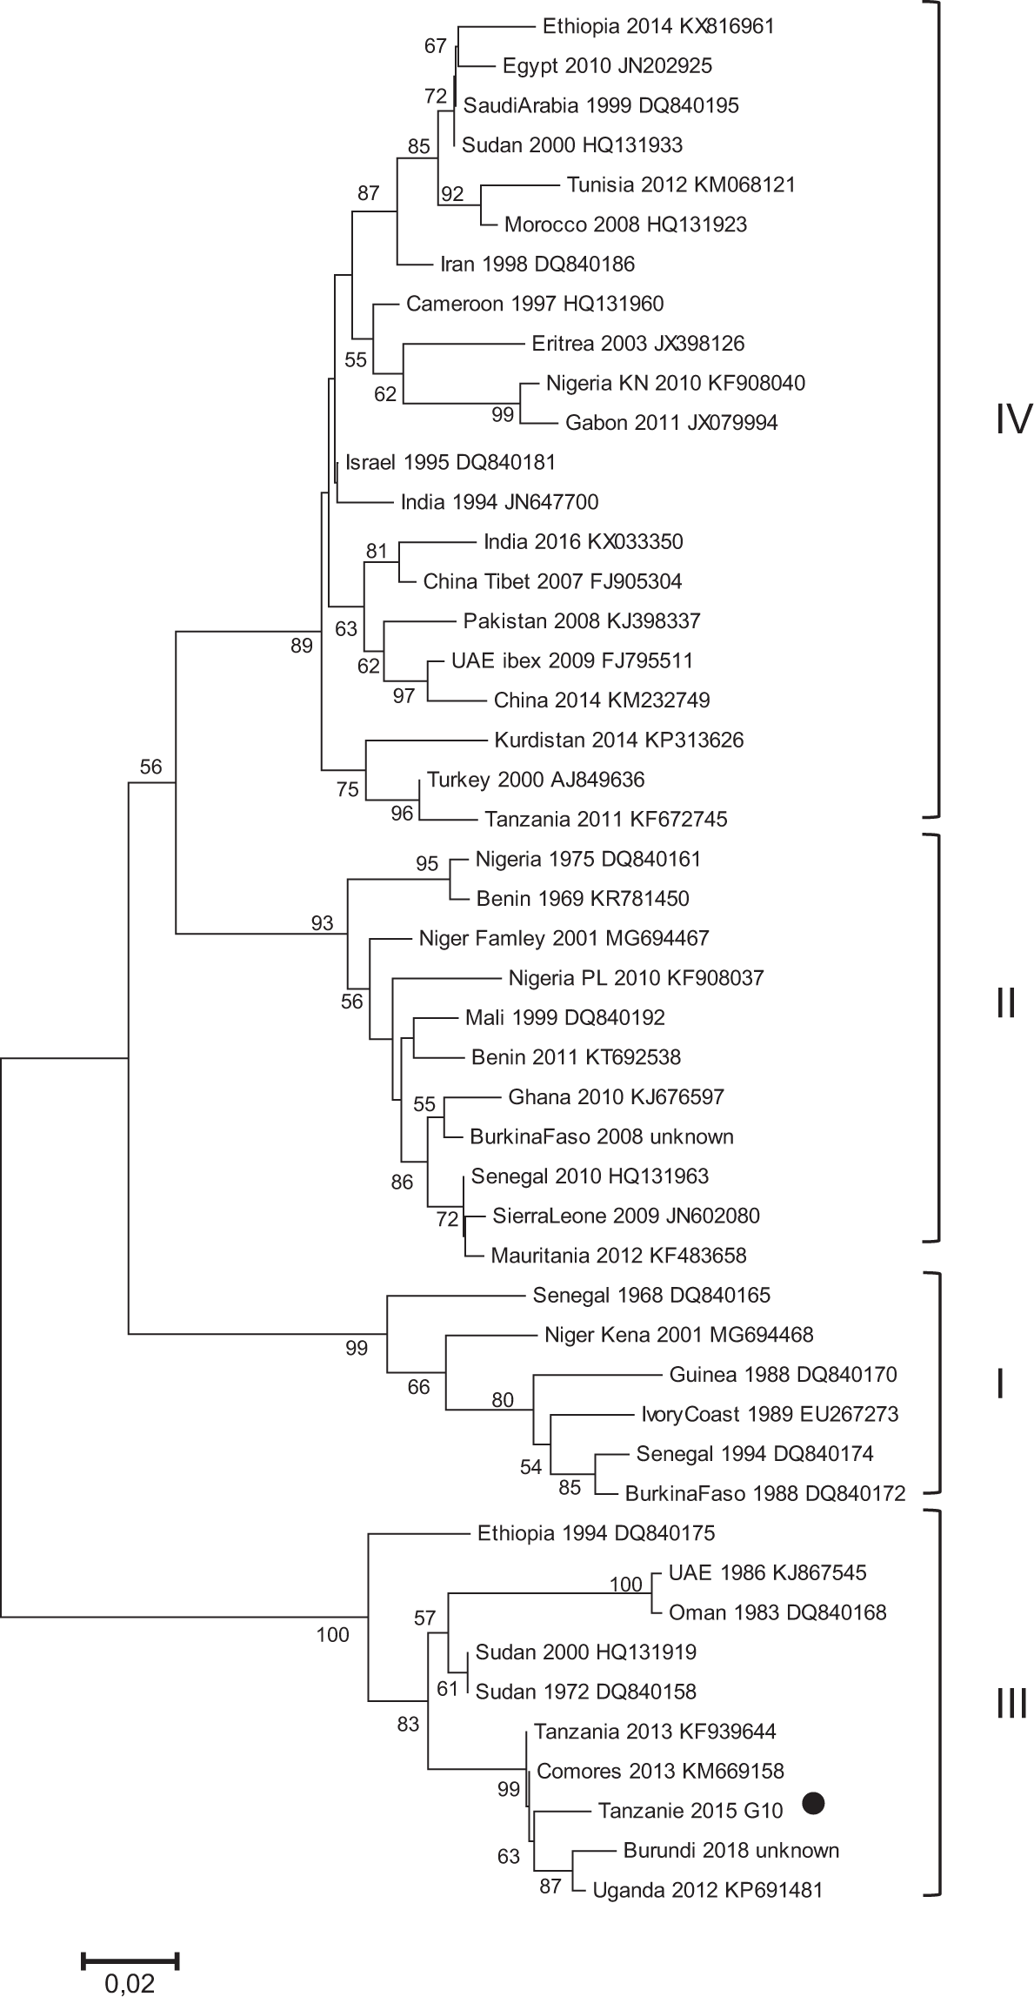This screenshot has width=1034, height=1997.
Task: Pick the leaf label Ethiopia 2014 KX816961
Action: [x=657, y=26]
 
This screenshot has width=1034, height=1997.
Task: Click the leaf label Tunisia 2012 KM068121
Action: [x=680, y=184]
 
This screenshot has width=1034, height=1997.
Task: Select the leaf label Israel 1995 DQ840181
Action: [x=450, y=461]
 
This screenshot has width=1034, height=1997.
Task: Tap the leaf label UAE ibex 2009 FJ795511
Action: [x=572, y=660]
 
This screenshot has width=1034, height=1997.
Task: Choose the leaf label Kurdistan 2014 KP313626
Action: [x=618, y=740]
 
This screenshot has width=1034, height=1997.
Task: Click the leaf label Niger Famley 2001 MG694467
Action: [x=564, y=938]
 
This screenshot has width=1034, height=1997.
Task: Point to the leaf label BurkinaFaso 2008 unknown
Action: [x=601, y=1136]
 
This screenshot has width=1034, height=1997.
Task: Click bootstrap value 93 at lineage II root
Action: [x=322, y=923]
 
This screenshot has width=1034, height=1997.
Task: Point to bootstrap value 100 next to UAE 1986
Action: [x=625, y=1585]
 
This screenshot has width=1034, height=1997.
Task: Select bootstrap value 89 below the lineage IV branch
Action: [x=301, y=646]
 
